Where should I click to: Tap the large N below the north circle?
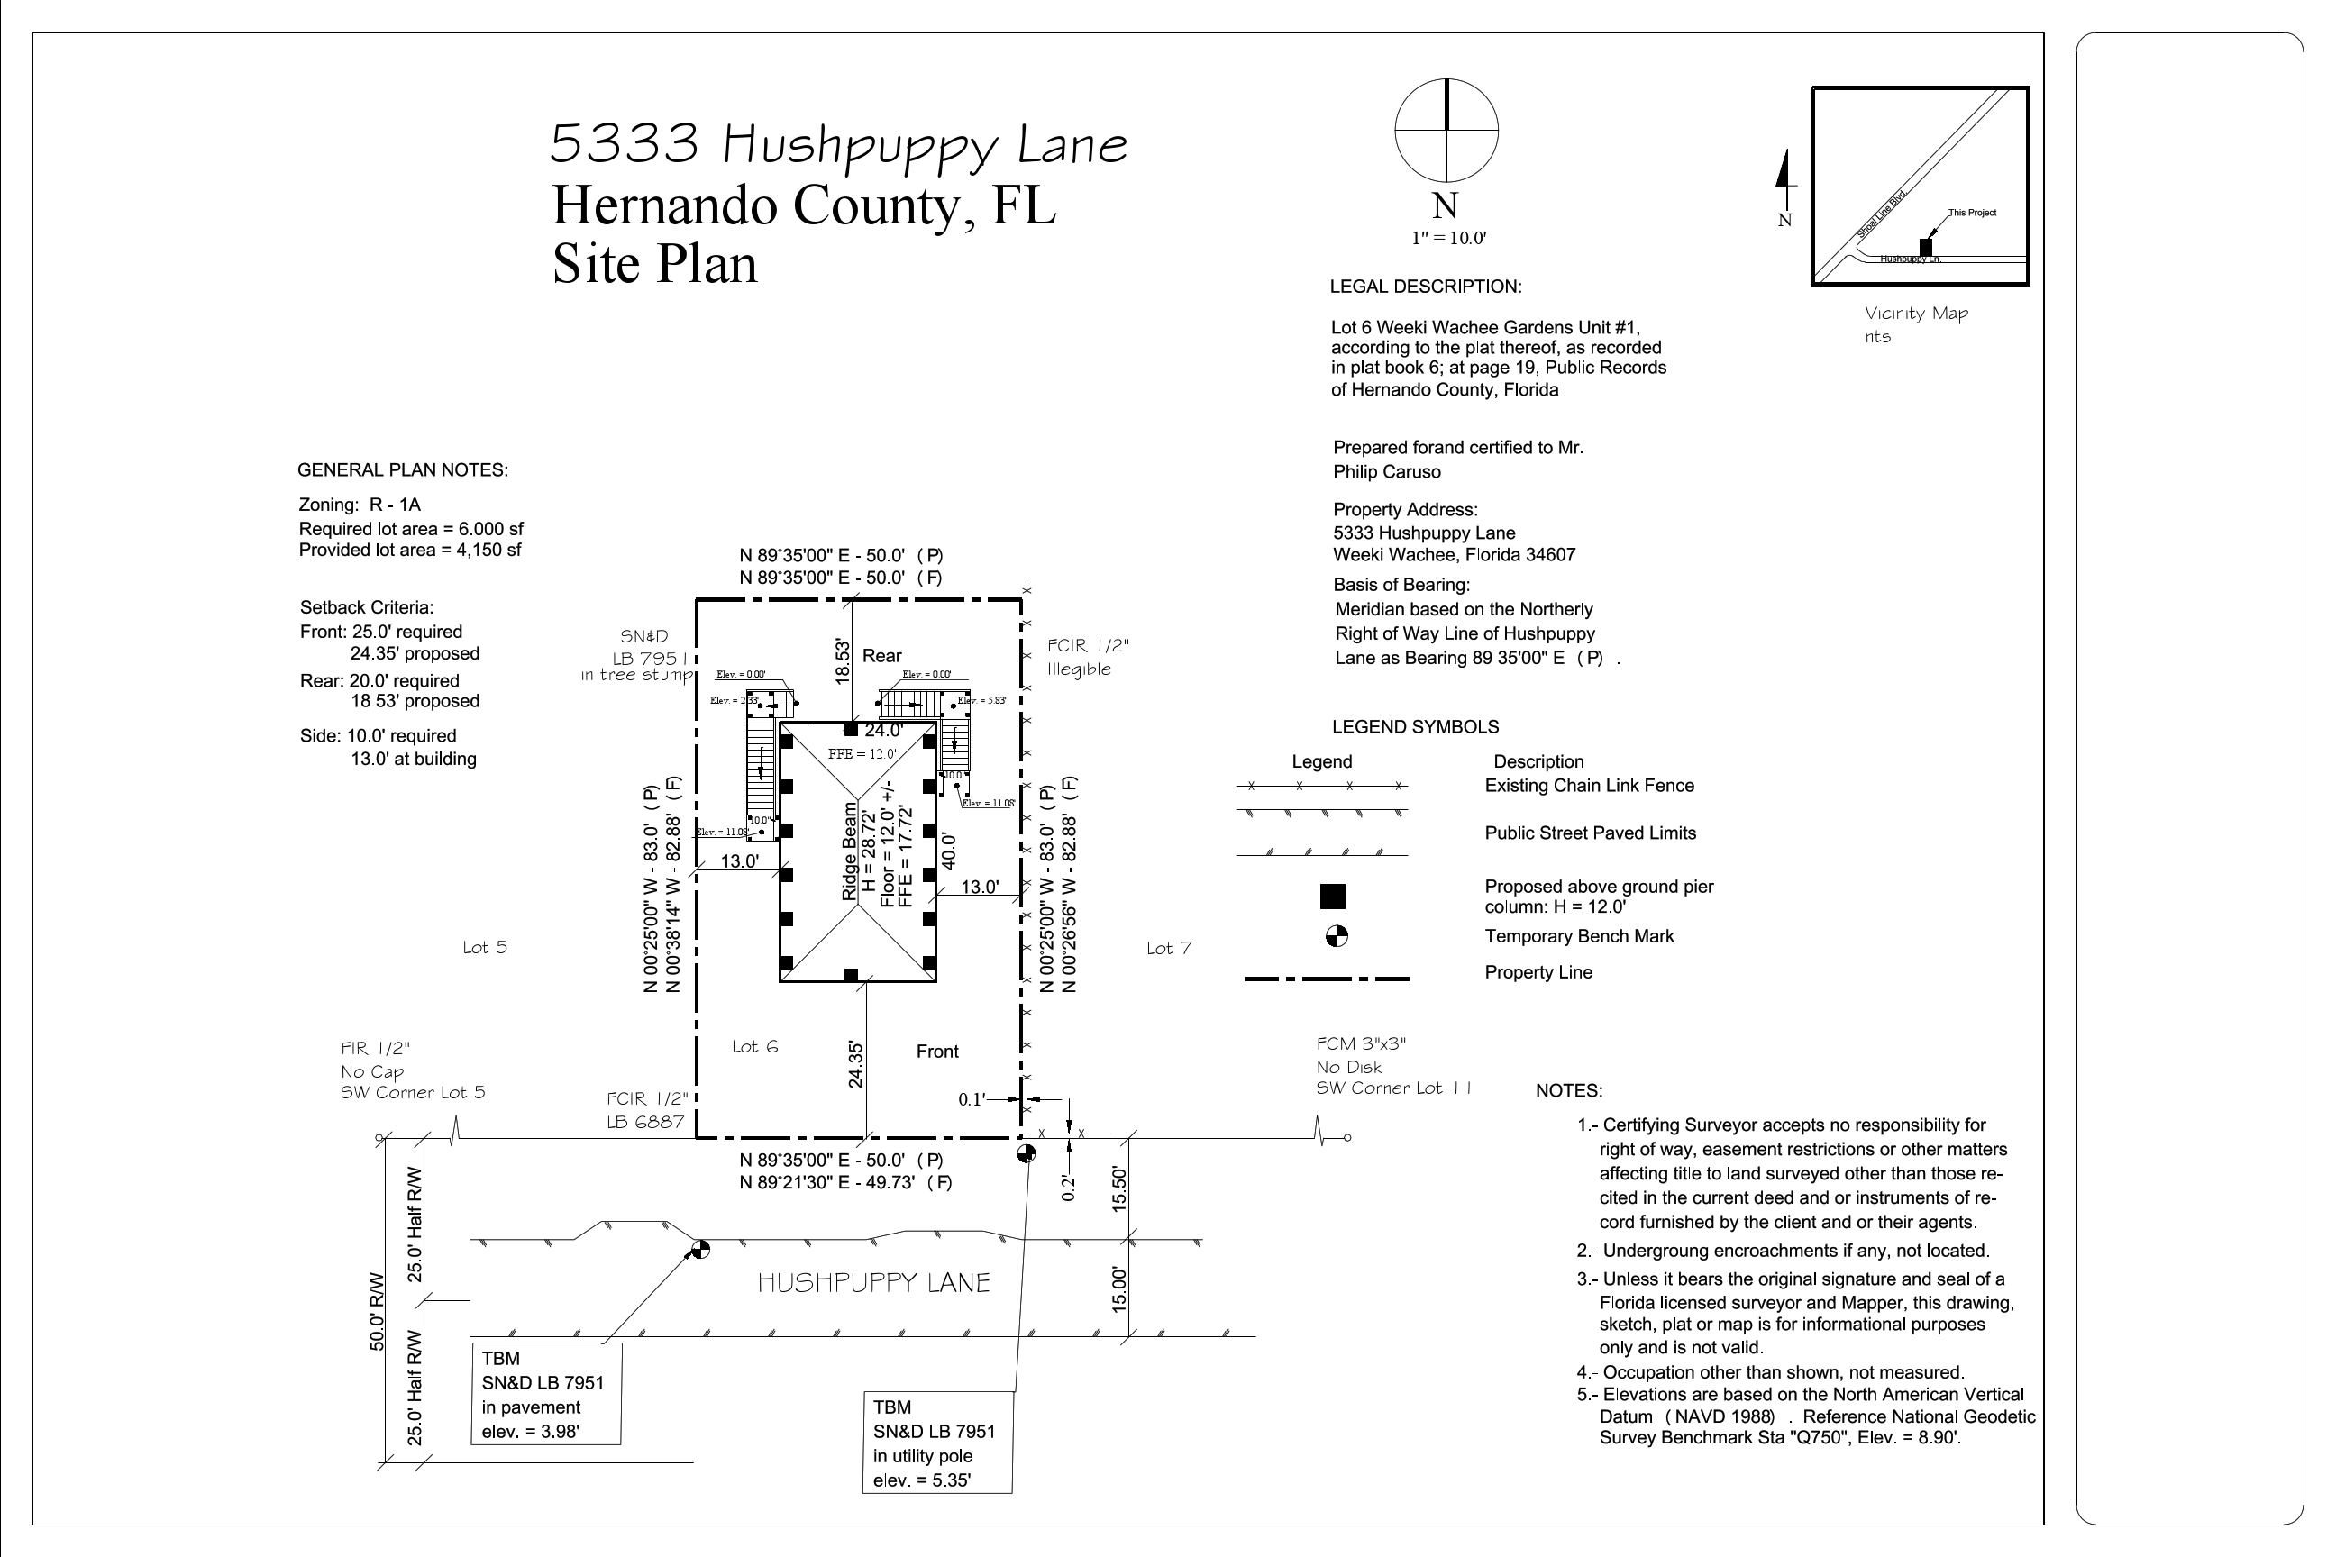(1445, 206)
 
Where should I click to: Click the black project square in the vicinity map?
(1926, 246)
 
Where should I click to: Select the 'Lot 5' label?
(485, 947)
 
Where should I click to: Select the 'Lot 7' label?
(1168, 948)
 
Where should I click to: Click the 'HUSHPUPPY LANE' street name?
(874, 1283)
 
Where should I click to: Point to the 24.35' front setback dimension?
(855, 1064)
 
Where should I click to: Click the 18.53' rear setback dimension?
(843, 661)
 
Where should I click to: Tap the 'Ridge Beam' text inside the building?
(849, 852)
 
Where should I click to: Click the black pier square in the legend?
(1332, 897)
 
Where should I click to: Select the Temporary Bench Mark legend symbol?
(1337, 936)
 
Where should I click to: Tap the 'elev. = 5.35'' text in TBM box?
(922, 1480)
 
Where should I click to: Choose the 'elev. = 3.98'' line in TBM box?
(530, 1432)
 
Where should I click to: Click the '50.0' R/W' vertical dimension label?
(378, 1311)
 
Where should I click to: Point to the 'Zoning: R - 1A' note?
(360, 505)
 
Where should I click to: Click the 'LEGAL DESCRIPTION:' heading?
(1425, 287)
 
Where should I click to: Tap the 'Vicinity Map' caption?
(1916, 314)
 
